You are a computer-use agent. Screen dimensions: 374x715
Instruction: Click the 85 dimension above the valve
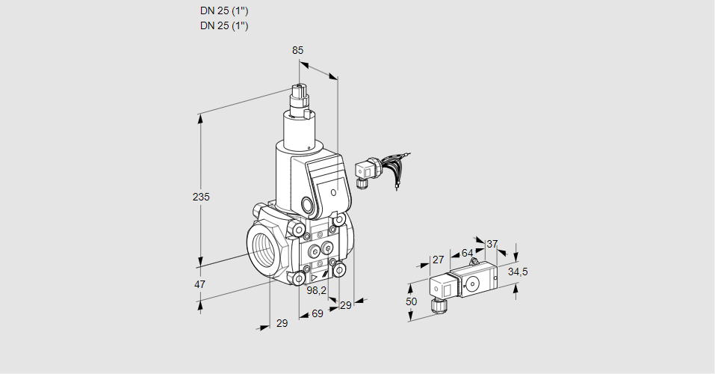tap(297, 50)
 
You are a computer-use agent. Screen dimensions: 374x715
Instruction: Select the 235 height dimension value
tap(201, 197)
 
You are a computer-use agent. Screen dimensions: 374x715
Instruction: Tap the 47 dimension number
tap(199, 284)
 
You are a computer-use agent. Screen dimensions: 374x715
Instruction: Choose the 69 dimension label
tap(317, 313)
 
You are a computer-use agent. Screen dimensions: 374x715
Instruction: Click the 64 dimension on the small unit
tap(467, 253)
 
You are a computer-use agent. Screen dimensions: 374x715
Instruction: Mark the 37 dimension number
tap(492, 244)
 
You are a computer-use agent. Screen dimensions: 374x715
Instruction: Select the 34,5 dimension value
tap(518, 272)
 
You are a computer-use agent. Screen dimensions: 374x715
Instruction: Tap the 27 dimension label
tap(438, 260)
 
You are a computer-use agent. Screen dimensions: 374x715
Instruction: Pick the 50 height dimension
tap(411, 301)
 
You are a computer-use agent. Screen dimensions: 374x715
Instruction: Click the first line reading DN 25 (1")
tap(224, 11)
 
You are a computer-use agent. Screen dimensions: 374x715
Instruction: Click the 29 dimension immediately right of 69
tap(344, 305)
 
